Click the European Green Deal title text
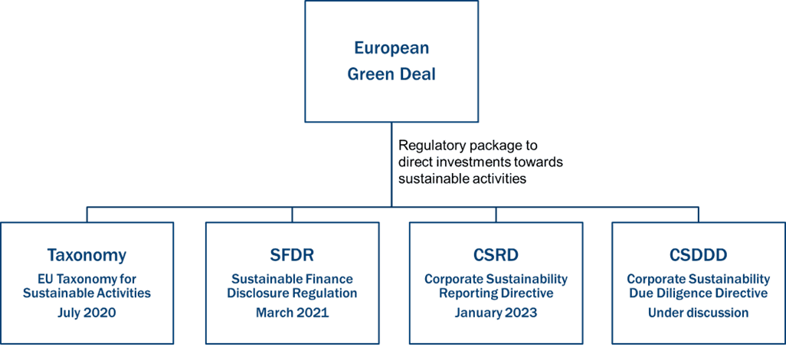pos(391,61)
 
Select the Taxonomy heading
pos(87,255)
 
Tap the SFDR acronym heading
pos(293,255)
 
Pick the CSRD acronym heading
pos(496,255)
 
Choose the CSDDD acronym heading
pos(698,255)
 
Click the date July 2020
pos(87,313)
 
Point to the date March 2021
pos(293,313)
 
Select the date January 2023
pos(496,313)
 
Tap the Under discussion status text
pos(698,313)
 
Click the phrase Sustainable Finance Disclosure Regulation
pos(293,286)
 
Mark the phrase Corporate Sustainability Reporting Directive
pos(496,286)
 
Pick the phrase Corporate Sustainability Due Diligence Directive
pos(698,286)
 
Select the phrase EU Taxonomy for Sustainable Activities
pos(87,286)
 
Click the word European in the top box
pos(391,48)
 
